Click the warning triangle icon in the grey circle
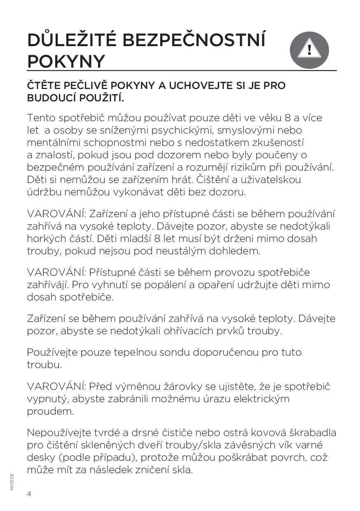(309, 50)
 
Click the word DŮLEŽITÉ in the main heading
(72, 41)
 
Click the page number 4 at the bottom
(29, 494)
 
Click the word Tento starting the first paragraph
(41, 118)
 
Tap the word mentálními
(54, 143)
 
